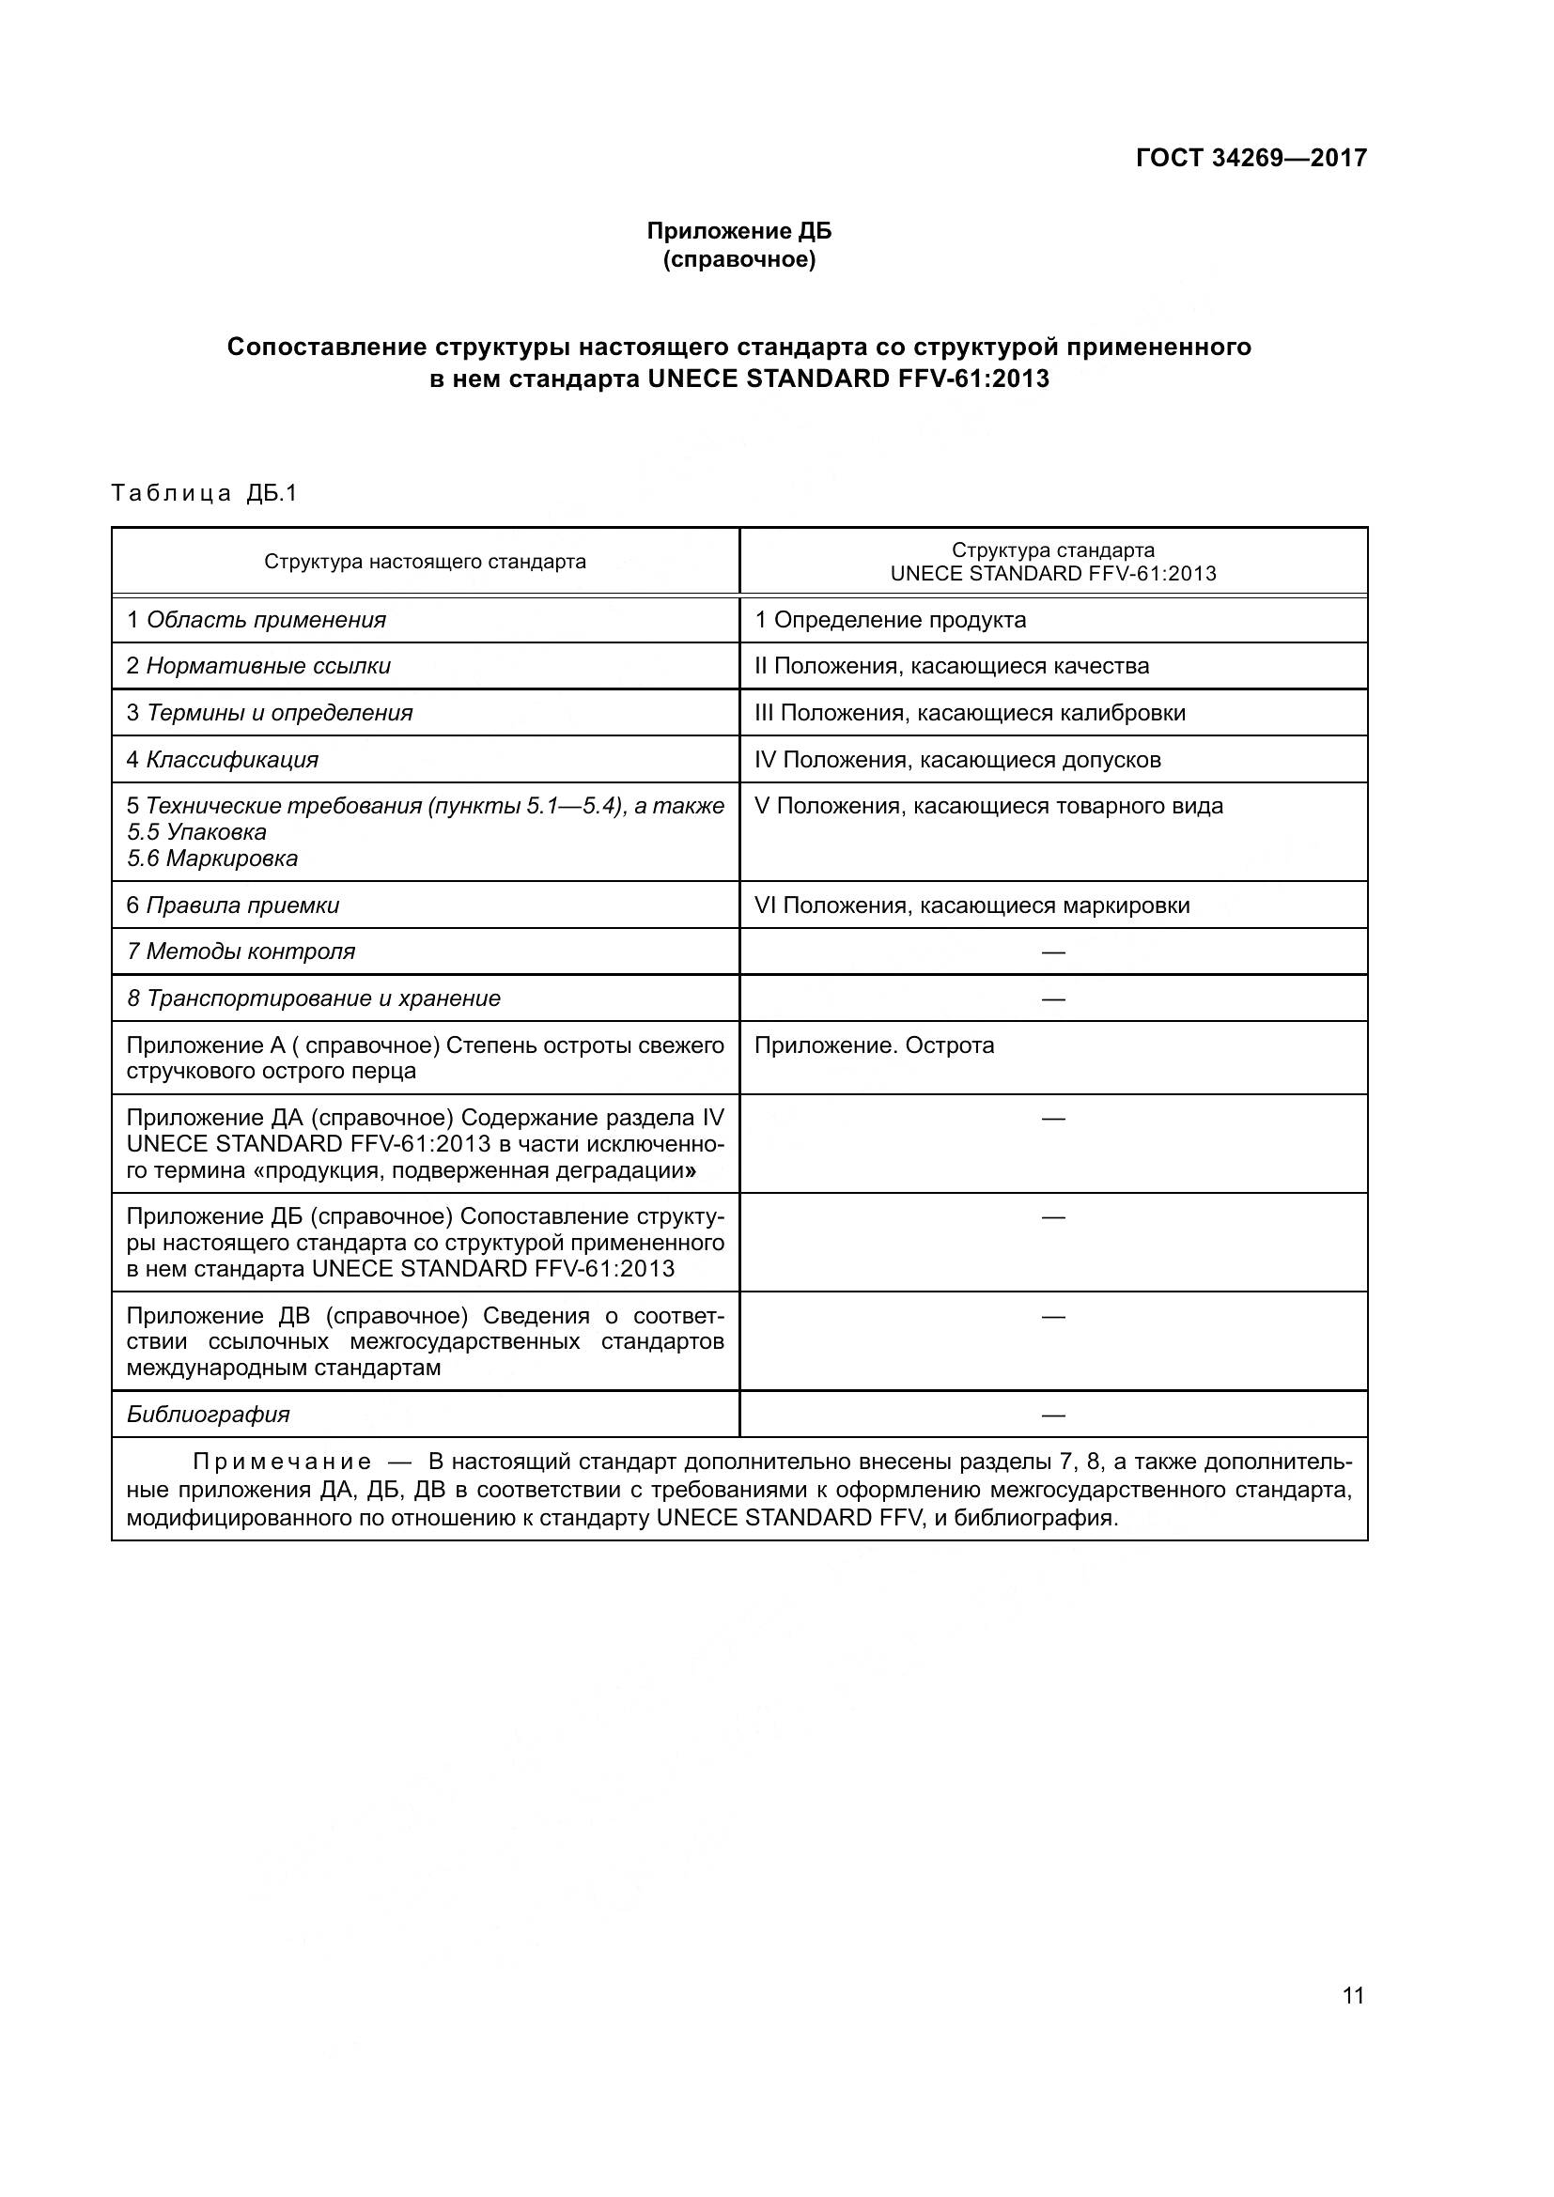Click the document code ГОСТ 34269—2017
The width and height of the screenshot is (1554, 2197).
click(1251, 158)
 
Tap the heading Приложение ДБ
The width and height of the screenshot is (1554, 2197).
click(738, 231)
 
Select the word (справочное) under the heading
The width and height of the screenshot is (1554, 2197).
click(738, 259)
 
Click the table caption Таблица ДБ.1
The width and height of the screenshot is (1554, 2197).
click(205, 493)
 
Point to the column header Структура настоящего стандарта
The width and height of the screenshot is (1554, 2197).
click(425, 562)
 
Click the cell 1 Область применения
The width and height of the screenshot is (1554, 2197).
click(256, 620)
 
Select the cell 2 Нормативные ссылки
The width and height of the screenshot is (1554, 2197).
click(258, 666)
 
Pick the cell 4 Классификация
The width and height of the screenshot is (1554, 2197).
click(222, 760)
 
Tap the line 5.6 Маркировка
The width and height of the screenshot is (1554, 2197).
click(212, 859)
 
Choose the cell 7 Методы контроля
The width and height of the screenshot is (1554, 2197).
click(241, 952)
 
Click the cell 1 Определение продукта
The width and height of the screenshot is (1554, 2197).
click(890, 620)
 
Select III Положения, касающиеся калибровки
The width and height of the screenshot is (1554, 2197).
click(970, 713)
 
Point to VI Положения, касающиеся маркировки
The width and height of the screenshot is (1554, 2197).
click(971, 905)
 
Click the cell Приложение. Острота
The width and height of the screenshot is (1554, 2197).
click(874, 1044)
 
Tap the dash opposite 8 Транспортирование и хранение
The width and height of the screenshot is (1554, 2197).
click(1052, 999)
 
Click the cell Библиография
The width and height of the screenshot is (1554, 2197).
click(208, 1415)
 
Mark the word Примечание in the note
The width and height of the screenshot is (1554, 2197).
click(282, 1462)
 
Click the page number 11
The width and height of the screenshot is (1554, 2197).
click(1352, 1995)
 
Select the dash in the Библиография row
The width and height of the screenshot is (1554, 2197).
click(1052, 1416)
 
